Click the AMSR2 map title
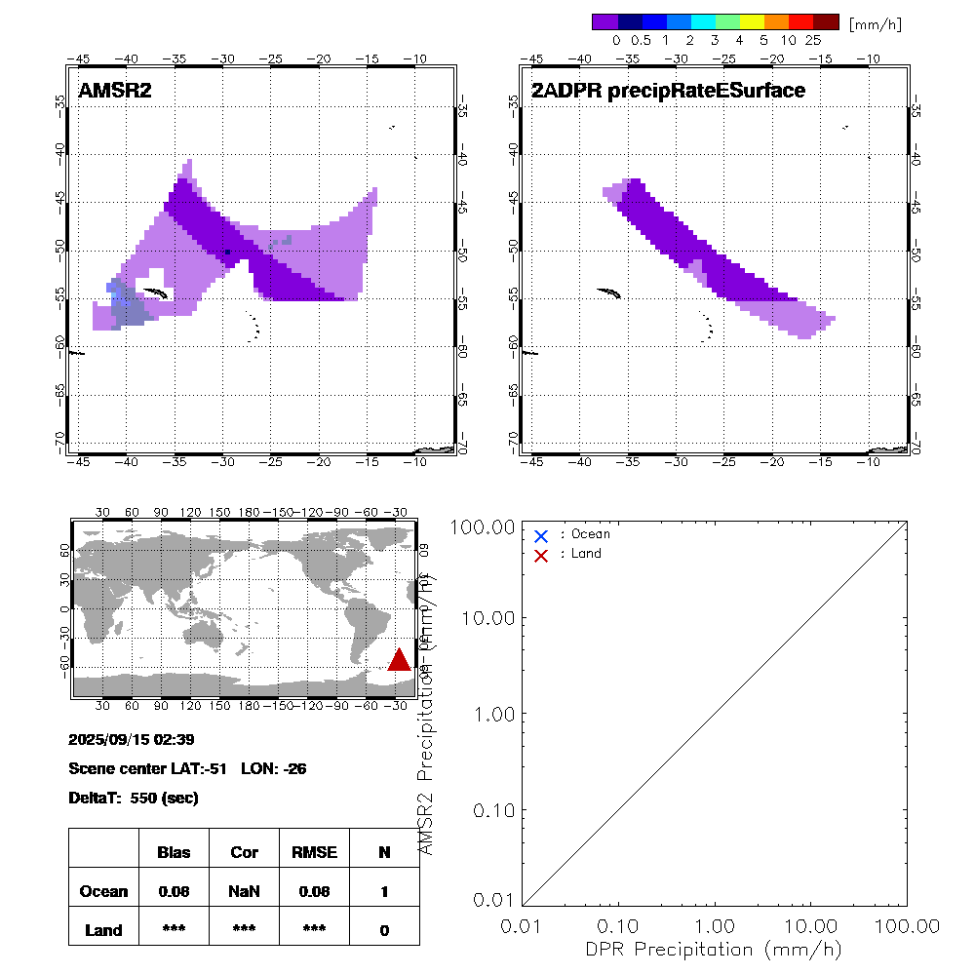(x=115, y=91)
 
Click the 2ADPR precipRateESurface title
(x=668, y=91)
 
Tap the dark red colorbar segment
(x=826, y=21)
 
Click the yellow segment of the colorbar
(x=752, y=21)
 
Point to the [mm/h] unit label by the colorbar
(x=875, y=23)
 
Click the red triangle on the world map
(x=399, y=660)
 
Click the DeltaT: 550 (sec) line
(x=134, y=798)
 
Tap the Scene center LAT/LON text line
(x=188, y=768)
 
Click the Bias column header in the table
(x=174, y=852)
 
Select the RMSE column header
(x=313, y=852)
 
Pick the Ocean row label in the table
(x=103, y=891)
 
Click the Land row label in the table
(x=103, y=930)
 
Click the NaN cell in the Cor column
(x=244, y=891)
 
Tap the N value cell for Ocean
(x=384, y=891)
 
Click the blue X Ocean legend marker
(x=541, y=535)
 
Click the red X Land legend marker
(x=541, y=555)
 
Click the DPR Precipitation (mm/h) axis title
(x=715, y=949)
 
